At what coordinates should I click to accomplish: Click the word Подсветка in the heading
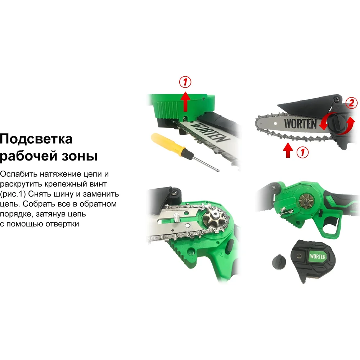tap(36, 139)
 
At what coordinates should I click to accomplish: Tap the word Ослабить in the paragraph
tap(19, 174)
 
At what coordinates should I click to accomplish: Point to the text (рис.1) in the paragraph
tap(13, 194)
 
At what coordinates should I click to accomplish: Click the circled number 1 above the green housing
tap(185, 82)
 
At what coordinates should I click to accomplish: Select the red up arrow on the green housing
tap(185, 101)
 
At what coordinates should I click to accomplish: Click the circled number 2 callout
tap(351, 103)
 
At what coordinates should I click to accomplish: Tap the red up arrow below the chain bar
tap(288, 150)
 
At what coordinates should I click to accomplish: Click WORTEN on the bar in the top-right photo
tap(300, 124)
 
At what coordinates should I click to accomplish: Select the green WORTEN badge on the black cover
tap(318, 256)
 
